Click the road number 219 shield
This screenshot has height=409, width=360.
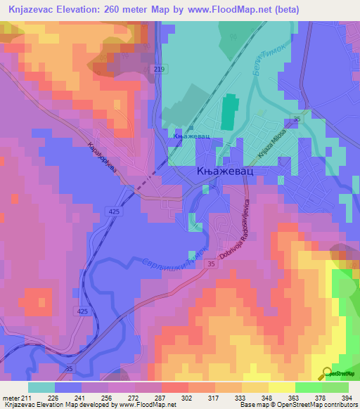pos(159,68)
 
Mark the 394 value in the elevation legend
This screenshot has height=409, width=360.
pos(345,398)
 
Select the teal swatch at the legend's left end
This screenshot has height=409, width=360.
pos(41,387)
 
